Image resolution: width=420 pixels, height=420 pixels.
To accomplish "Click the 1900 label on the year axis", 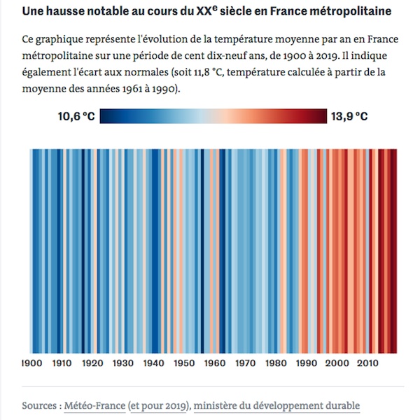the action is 32,363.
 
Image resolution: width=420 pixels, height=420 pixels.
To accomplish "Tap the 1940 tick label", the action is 154,363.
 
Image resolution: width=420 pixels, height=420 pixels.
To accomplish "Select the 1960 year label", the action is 215,363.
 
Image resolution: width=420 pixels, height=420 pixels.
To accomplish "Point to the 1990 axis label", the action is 307,363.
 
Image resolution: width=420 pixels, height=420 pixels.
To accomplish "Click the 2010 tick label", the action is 367,363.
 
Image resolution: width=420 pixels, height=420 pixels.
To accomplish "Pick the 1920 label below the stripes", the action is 92,363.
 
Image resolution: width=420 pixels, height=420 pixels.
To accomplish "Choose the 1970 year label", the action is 246,363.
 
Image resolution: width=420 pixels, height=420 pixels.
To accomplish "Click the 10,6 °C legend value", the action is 76,116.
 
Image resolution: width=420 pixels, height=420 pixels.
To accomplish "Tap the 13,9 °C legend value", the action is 349,116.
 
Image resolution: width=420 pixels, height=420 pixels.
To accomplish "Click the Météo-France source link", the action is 94,405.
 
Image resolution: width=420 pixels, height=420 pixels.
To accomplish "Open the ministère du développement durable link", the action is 276,405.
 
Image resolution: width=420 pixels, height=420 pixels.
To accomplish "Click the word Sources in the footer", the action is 39,405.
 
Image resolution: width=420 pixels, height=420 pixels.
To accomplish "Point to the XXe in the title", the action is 206,10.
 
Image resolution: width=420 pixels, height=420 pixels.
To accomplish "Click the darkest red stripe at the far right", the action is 393,251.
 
